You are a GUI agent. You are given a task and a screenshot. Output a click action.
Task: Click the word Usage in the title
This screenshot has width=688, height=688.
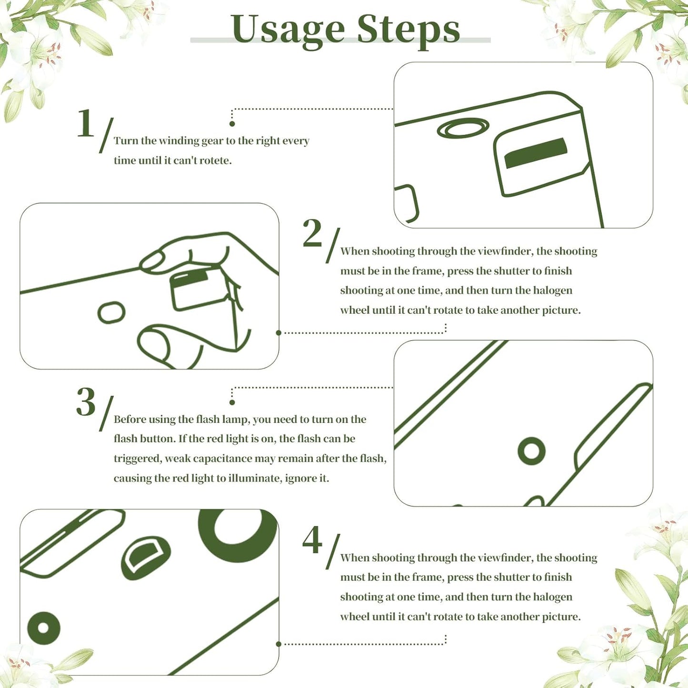288,30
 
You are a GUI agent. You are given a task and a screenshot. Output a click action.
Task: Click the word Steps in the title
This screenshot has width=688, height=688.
408,30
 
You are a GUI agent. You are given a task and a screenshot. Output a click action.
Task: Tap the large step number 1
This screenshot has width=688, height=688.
86,123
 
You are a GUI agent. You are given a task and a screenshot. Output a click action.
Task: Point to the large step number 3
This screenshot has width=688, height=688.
86,402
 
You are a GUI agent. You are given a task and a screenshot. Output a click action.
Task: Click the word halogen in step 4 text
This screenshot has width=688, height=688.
552,597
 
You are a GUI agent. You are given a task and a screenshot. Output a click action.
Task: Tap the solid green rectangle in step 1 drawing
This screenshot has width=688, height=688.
536,153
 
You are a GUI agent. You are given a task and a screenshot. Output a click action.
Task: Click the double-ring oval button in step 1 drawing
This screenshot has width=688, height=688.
463,128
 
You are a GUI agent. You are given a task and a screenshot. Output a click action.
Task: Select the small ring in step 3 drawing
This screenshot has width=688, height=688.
531,451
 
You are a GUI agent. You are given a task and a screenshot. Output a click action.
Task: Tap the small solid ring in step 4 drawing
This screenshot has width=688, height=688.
44,628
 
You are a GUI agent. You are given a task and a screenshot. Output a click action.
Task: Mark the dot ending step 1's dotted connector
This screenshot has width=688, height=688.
232,124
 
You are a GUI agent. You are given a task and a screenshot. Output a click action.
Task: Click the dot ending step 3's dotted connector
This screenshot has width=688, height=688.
232,402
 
